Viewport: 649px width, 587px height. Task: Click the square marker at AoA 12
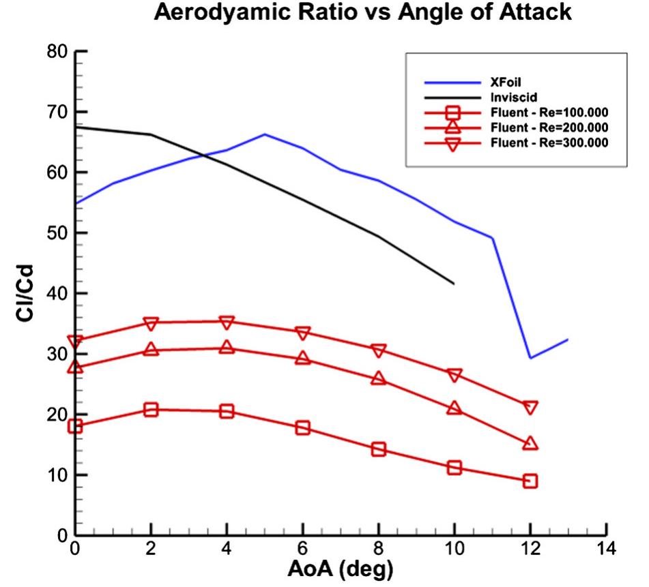coord(530,481)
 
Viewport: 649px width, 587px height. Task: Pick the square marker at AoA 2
coord(152,410)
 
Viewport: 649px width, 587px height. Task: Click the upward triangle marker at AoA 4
coord(227,348)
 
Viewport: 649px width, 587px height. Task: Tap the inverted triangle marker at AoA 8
coord(379,350)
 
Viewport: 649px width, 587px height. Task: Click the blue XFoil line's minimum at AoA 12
coord(530,358)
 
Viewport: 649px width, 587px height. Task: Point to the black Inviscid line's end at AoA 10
coord(454,284)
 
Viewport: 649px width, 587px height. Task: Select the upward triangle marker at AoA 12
coord(530,444)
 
